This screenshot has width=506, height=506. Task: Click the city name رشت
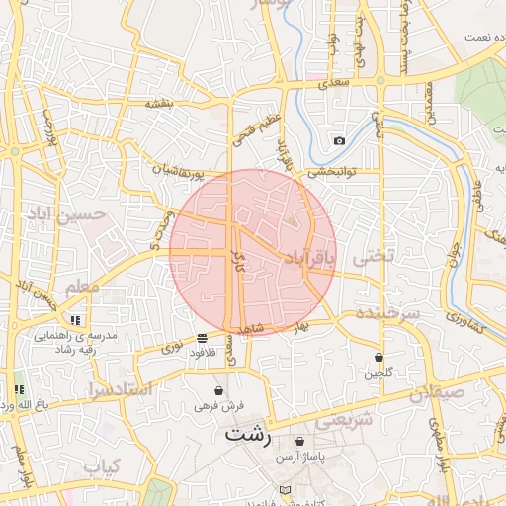pos(246,432)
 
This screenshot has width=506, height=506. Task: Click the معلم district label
pos(82,287)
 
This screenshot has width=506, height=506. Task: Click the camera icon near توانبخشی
pos(340,140)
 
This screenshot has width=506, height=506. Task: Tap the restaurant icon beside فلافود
pos(203,337)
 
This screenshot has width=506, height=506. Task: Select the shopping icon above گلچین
pos(379,357)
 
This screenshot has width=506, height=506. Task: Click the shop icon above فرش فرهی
pos(218,390)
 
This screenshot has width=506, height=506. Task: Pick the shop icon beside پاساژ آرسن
pos(299,441)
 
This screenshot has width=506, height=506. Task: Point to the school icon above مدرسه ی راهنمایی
pos(75,319)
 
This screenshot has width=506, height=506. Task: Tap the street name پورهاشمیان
pos(180,173)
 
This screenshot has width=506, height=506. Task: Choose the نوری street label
pos(172,348)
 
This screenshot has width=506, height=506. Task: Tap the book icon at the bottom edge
pos(286,491)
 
